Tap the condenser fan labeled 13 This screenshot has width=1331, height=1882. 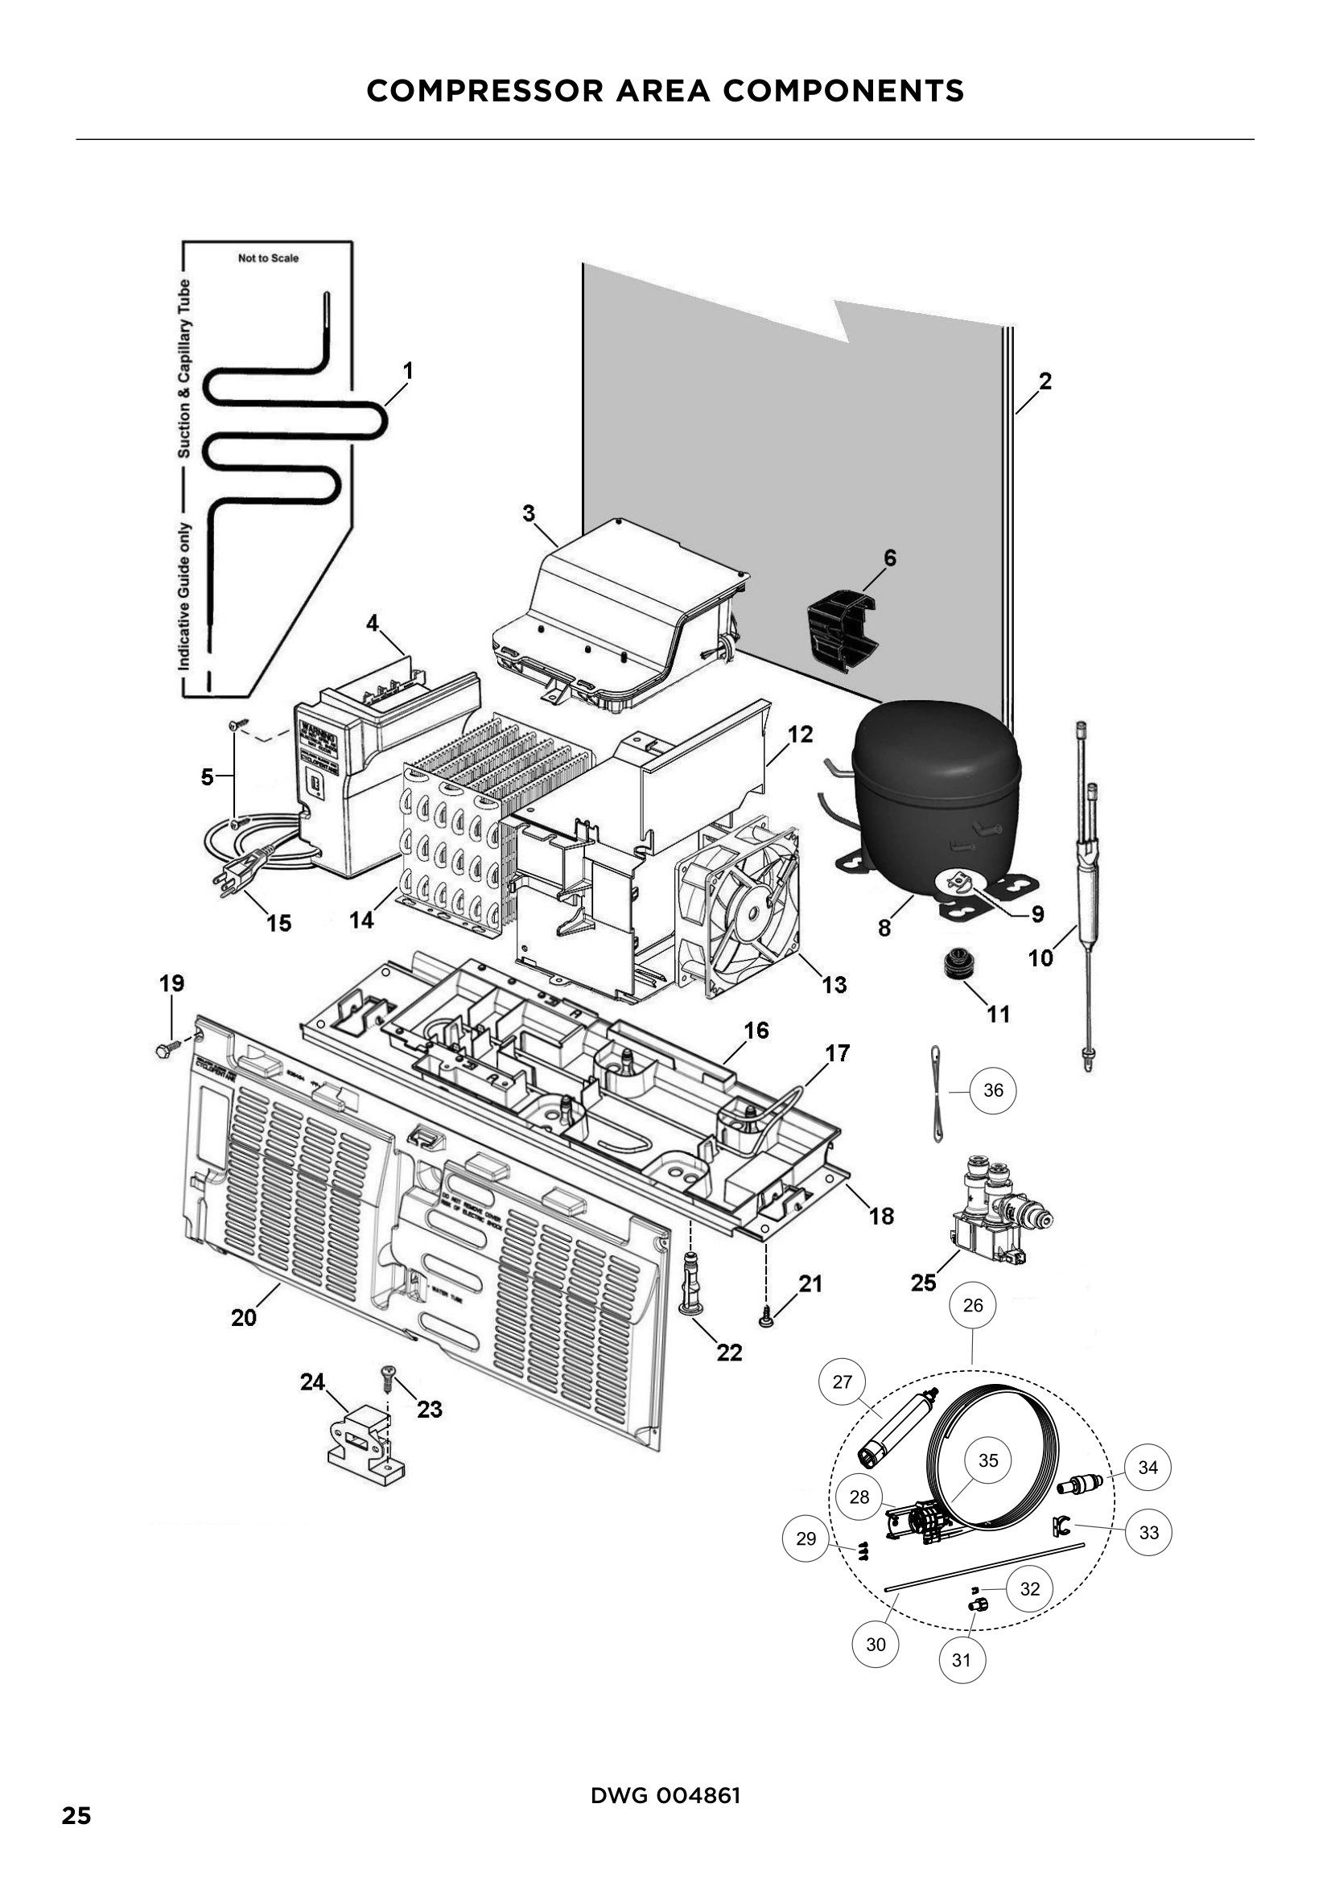click(x=738, y=907)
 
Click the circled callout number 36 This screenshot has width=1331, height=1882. click(x=992, y=1090)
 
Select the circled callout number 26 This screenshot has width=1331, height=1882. click(x=973, y=1305)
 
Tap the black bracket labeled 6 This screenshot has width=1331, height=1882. click(x=841, y=628)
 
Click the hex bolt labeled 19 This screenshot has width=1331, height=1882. click(x=163, y=1049)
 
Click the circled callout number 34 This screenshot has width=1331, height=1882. click(x=1148, y=1468)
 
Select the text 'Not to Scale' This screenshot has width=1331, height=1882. click(x=268, y=258)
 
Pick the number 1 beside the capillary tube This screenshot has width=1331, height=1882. click(x=407, y=371)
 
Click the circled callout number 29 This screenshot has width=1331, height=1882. click(x=806, y=1538)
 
